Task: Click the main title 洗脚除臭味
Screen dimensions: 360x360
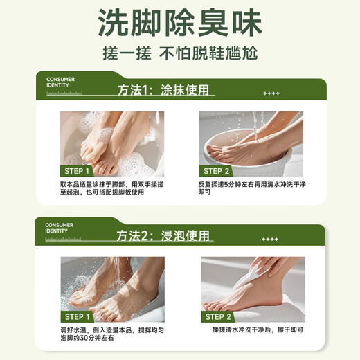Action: coord(179,23)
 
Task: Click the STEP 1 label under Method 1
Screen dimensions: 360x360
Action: coord(78,171)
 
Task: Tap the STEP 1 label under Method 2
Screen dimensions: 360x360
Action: coord(78,316)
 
